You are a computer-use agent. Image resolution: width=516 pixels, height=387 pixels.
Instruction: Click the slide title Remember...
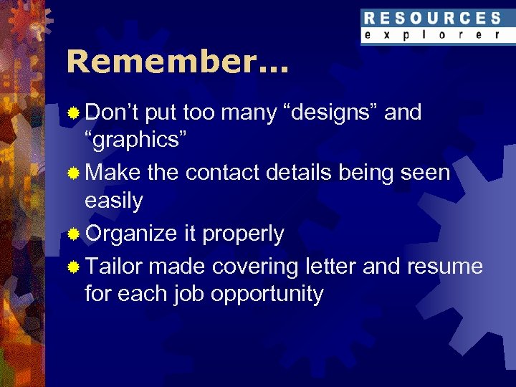(176, 62)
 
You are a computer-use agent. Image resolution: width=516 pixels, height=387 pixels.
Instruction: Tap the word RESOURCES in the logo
(431, 19)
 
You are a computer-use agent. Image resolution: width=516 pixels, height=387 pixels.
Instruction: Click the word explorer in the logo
(431, 35)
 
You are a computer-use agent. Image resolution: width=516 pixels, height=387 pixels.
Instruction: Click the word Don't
(114, 113)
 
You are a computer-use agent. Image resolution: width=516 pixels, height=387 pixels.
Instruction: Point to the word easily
(113, 202)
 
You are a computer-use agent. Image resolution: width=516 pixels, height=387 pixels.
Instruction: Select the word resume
(445, 267)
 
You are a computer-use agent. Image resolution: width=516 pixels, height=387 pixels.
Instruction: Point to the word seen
(426, 173)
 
